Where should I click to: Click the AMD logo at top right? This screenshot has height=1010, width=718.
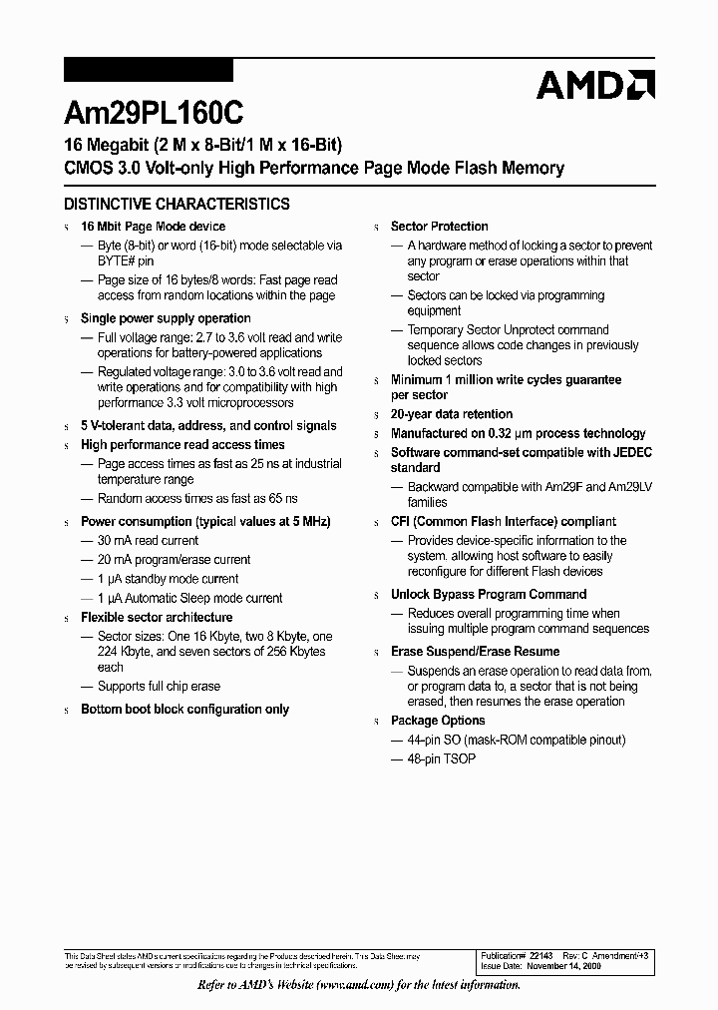pos(595,85)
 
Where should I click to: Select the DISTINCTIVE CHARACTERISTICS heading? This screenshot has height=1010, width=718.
pos(177,204)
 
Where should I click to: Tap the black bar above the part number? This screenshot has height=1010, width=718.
pos(148,70)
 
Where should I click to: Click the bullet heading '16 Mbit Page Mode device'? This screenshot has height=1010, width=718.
pos(153,227)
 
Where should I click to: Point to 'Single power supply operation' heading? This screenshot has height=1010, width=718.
pos(166,318)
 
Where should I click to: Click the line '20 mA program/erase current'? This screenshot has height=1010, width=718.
pos(174,560)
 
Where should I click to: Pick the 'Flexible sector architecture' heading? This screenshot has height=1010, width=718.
pos(157,618)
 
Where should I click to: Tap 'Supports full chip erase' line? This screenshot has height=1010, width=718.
pos(159,687)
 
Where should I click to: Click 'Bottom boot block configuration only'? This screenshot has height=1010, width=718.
pos(184,710)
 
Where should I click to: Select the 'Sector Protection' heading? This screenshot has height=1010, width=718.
pos(439,227)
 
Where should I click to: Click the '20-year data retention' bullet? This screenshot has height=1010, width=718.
pos(451,414)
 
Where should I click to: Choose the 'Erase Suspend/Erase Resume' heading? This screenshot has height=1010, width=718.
pos(475,652)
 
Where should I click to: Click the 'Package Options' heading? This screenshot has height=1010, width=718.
pos(438,721)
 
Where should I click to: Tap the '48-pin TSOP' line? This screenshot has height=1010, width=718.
pos(441,759)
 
